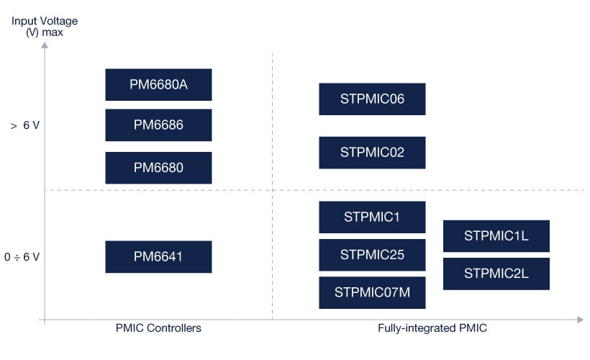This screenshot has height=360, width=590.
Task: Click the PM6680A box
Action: pos(158,84)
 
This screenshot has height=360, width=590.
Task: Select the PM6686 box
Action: pos(158,125)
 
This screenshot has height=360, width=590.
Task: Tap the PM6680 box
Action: pos(158,168)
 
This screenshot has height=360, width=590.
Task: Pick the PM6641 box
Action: pos(158,256)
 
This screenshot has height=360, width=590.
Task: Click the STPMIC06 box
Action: pos(372,99)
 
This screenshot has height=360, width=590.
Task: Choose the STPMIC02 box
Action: pos(372,153)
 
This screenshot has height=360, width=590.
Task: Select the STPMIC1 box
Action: pos(372,217)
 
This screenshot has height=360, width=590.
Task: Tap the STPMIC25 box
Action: pos(372,255)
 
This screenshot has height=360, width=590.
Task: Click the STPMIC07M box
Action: pos(372,292)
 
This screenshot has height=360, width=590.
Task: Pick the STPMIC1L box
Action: pos(496,235)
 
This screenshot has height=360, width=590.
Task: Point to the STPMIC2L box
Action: pos(496,274)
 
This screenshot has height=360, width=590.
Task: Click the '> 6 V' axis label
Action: pos(24,125)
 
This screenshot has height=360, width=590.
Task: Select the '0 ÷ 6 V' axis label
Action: pos(22,256)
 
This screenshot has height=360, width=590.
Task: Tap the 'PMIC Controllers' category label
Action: pos(158,328)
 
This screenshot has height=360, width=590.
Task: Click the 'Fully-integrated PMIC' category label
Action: pos(432,328)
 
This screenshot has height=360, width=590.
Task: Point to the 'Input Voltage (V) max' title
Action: pos(45,27)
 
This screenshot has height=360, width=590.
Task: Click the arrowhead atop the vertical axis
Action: pos(45,45)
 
